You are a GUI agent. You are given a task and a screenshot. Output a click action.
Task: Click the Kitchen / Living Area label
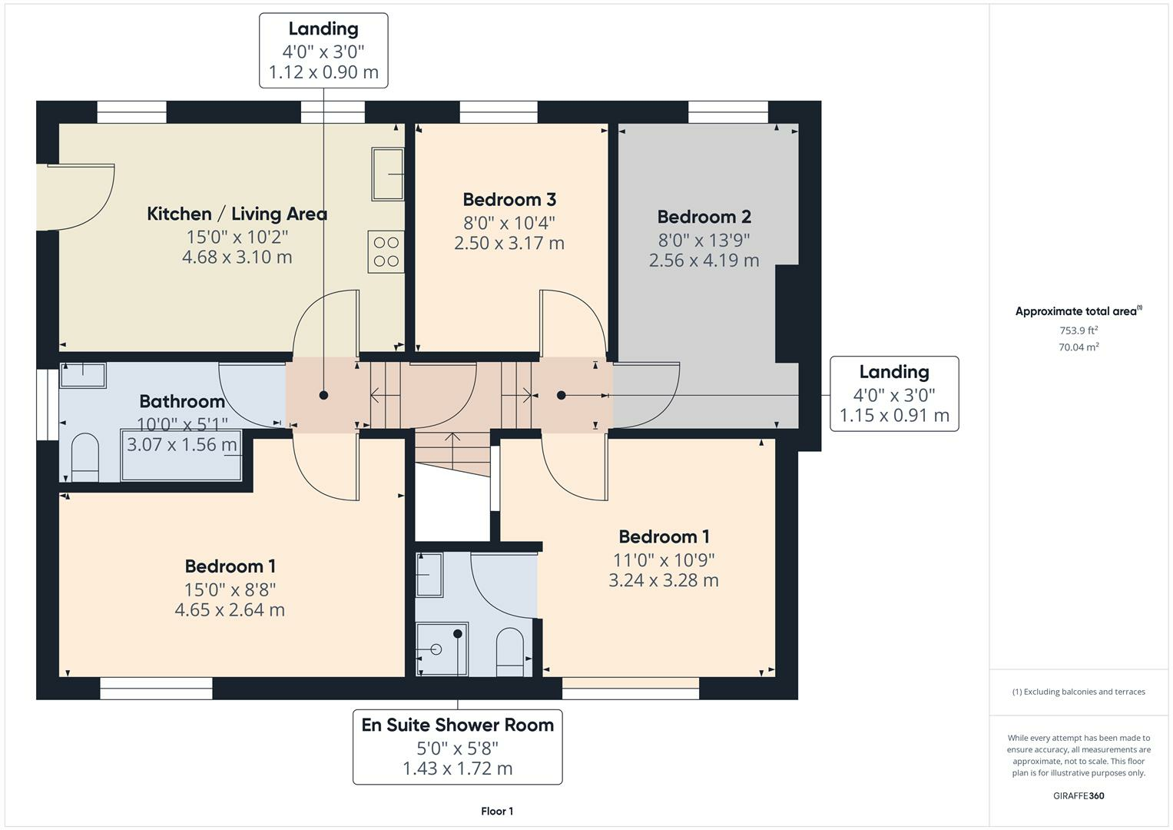click(237, 214)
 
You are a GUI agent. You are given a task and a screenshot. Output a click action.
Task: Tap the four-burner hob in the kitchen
click(386, 251)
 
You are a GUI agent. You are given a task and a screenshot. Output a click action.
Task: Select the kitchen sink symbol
click(388, 174)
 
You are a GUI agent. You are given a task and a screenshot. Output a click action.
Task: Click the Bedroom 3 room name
click(509, 200)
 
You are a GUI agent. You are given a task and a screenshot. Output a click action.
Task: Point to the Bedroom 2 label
click(704, 217)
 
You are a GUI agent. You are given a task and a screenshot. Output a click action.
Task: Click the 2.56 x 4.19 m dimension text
click(704, 261)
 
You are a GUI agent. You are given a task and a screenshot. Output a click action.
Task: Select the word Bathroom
click(182, 401)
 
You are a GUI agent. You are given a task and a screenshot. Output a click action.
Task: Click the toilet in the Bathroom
click(84, 458)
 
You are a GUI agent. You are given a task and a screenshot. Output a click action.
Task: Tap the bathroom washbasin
click(83, 375)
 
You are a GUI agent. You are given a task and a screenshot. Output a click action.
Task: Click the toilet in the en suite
click(509, 652)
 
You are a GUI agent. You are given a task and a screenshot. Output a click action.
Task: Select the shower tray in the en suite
click(442, 649)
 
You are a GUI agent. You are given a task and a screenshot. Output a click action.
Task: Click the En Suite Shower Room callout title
click(457, 725)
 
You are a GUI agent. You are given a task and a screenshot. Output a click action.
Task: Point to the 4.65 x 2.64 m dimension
click(230, 610)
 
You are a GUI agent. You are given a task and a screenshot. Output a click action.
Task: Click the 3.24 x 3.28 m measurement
click(664, 580)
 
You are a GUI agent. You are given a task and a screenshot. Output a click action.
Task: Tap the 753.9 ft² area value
click(1078, 330)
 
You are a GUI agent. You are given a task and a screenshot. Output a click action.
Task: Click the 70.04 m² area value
click(1078, 347)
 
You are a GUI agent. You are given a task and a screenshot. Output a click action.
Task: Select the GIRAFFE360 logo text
click(1078, 795)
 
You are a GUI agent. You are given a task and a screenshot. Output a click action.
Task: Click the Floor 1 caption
click(497, 811)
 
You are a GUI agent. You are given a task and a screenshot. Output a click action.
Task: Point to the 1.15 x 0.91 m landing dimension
click(894, 416)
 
